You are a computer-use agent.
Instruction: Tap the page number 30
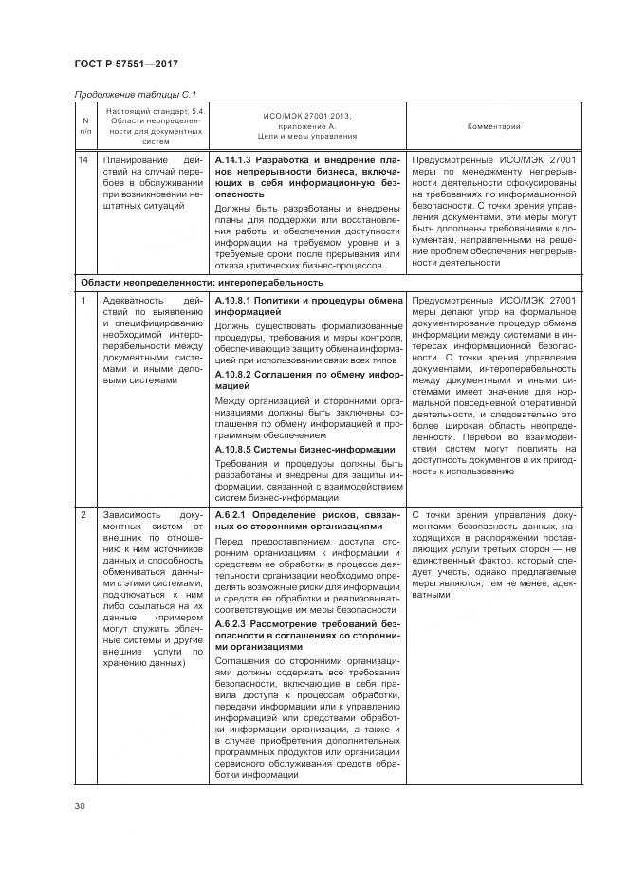[x=81, y=806]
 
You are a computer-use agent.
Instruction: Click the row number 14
[x=85, y=160]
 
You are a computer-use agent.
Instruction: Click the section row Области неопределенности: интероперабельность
[x=201, y=282]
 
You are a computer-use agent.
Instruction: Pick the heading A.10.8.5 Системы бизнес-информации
[x=305, y=449]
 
